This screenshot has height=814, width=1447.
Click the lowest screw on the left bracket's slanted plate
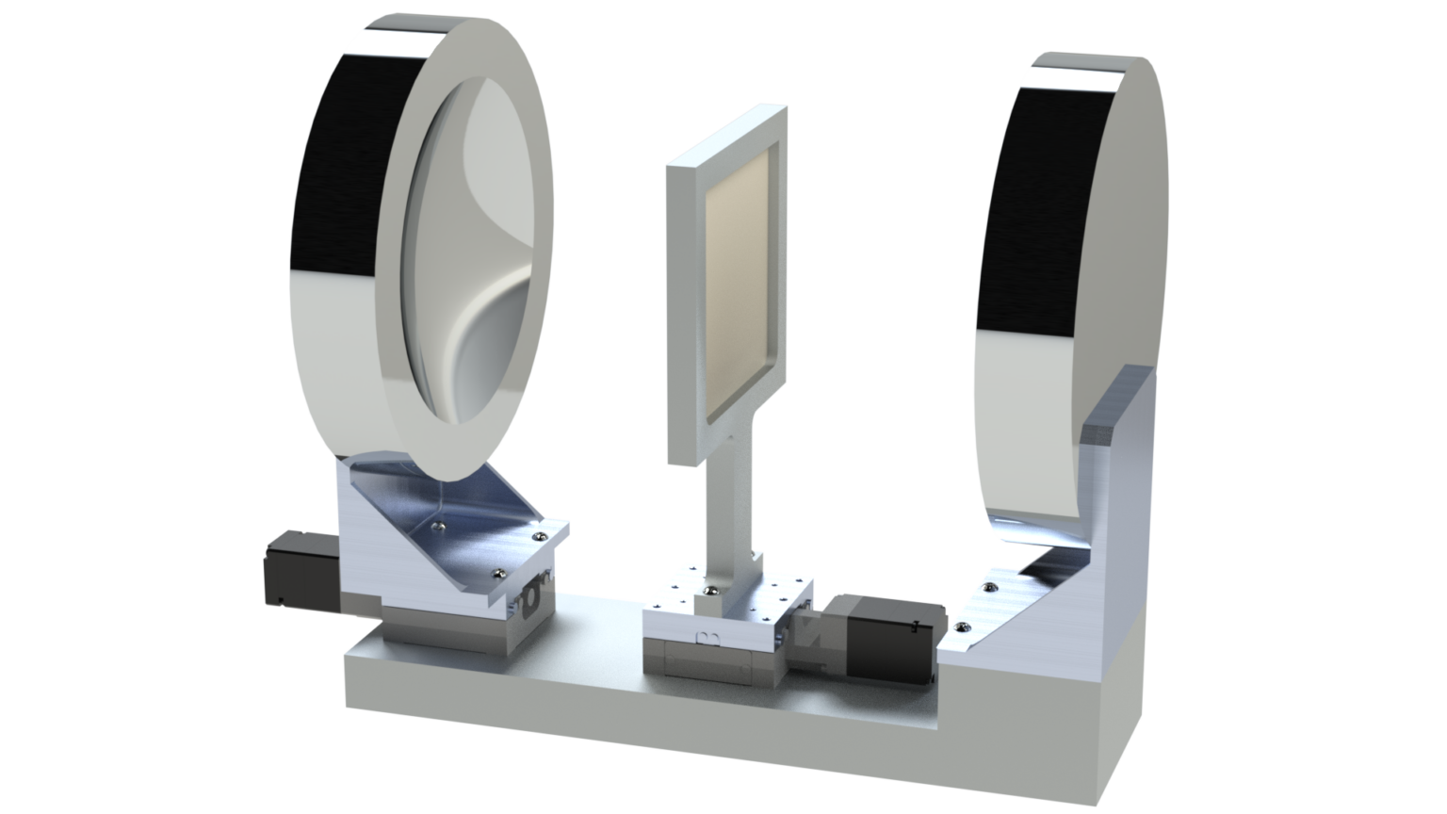496,572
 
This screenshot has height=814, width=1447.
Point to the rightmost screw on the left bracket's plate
538,534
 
